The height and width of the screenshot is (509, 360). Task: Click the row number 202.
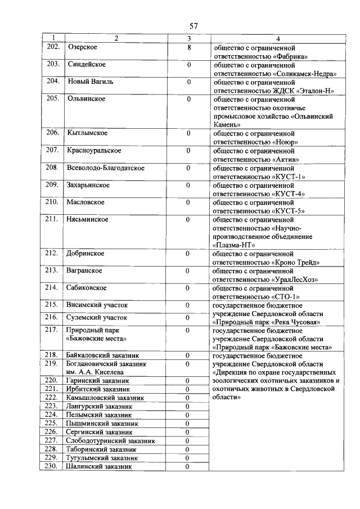pos(52,47)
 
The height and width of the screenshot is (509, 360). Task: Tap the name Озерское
pos(82,47)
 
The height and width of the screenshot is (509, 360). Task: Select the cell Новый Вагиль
pos(90,82)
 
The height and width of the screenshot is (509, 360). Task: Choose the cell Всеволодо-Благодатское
pos(106,168)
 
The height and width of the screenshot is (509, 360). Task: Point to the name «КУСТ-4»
pos(289,193)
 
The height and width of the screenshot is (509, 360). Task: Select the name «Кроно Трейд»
pos(296,262)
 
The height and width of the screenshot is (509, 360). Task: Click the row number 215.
pos(52,305)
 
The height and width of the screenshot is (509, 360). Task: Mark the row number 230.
pos(52,466)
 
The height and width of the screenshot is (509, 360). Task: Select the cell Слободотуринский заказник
pos(110,440)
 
